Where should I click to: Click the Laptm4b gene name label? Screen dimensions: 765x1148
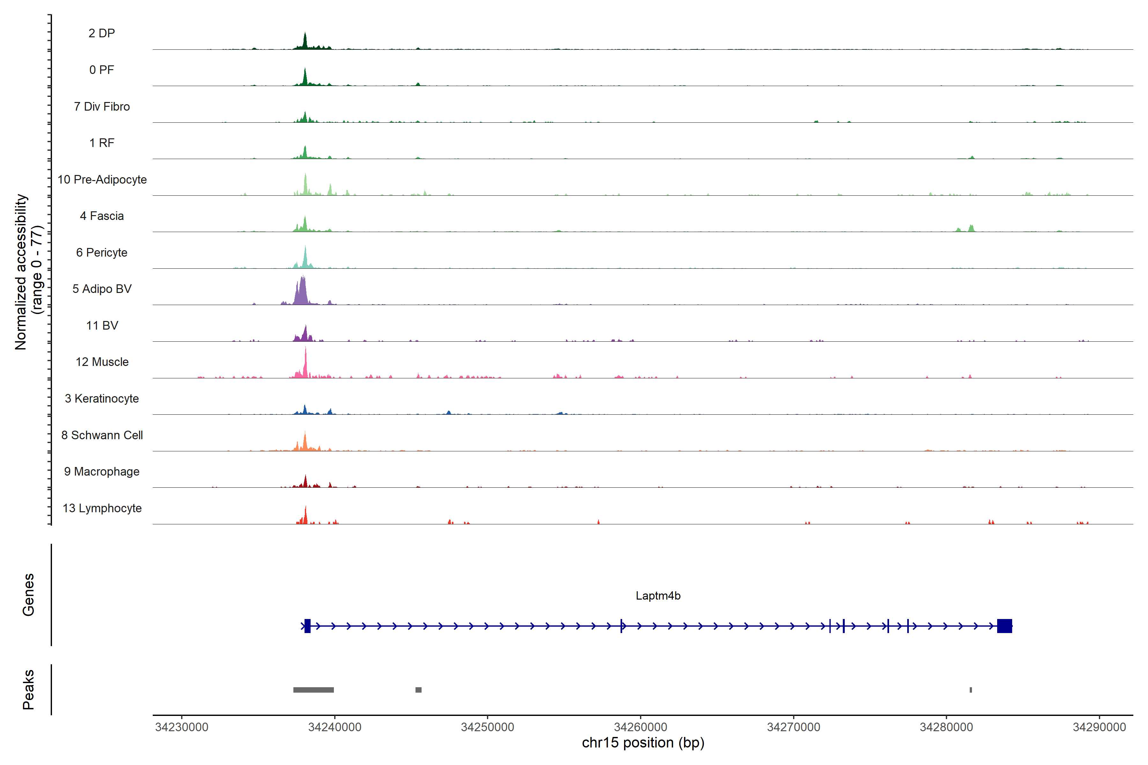pyautogui.click(x=658, y=596)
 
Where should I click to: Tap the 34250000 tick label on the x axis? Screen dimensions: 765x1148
pyautogui.click(x=487, y=727)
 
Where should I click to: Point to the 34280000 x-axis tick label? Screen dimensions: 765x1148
pyautogui.click(x=946, y=727)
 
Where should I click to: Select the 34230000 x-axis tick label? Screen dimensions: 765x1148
pyautogui.click(x=181, y=727)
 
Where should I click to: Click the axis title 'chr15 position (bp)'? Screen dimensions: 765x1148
pyautogui.click(x=643, y=743)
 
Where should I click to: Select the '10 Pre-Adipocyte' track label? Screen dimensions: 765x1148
pyautogui.click(x=102, y=179)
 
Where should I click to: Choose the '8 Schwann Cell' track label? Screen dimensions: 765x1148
pyautogui.click(x=102, y=435)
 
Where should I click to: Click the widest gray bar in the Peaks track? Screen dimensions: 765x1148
pyautogui.click(x=313, y=690)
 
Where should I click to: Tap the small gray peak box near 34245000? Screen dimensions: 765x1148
pyautogui.click(x=418, y=690)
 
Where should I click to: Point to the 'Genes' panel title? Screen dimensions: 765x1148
pyautogui.click(x=28, y=595)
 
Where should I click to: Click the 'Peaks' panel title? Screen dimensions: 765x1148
pyautogui.click(x=28, y=689)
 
